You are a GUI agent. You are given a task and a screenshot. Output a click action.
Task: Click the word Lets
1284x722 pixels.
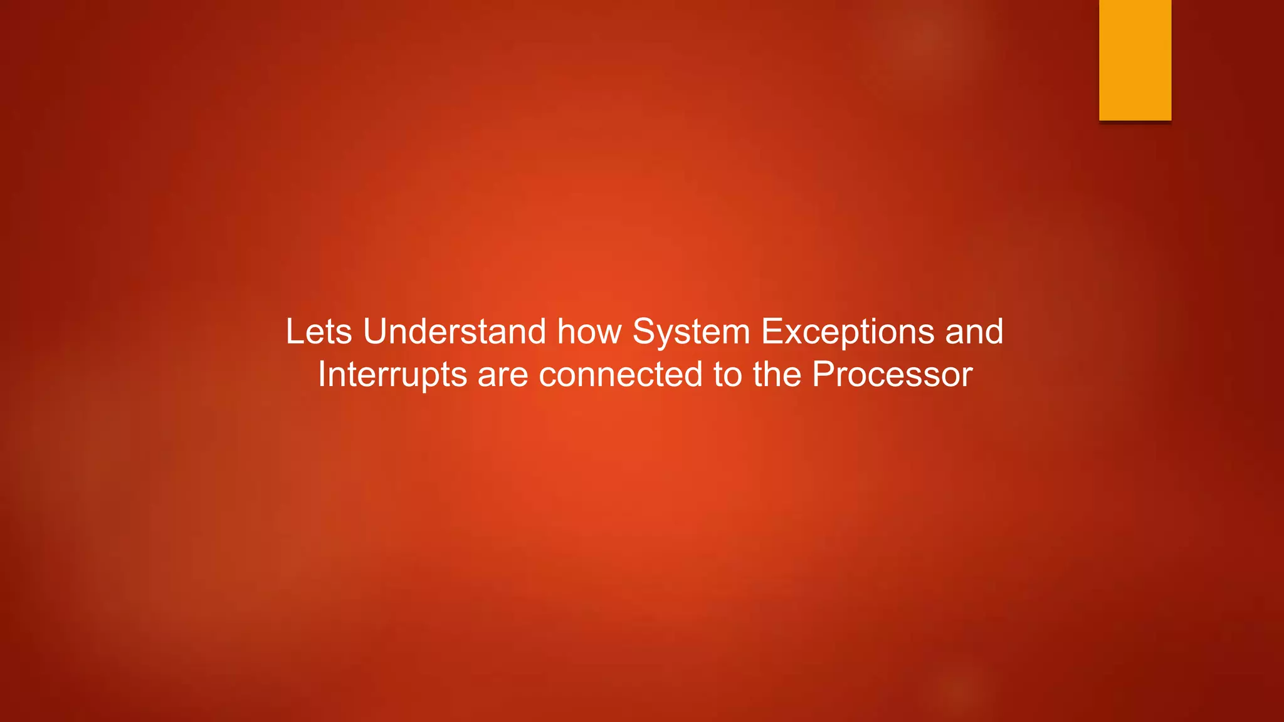click(x=318, y=332)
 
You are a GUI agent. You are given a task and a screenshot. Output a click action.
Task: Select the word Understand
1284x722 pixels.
click(x=455, y=332)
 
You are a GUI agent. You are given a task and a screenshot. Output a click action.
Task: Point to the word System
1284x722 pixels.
click(x=691, y=332)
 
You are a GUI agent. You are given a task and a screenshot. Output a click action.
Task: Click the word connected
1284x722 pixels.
click(x=621, y=375)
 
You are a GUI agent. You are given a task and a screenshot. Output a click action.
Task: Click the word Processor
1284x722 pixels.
click(x=892, y=375)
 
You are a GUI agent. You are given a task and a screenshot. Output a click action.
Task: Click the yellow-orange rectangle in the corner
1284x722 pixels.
click(x=1135, y=60)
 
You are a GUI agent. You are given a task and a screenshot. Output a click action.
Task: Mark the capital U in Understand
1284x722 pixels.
click(x=375, y=332)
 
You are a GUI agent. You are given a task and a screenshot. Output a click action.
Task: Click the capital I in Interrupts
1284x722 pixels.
click(x=322, y=375)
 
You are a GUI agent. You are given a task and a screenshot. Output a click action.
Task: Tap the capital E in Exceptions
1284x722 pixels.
click(x=772, y=332)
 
